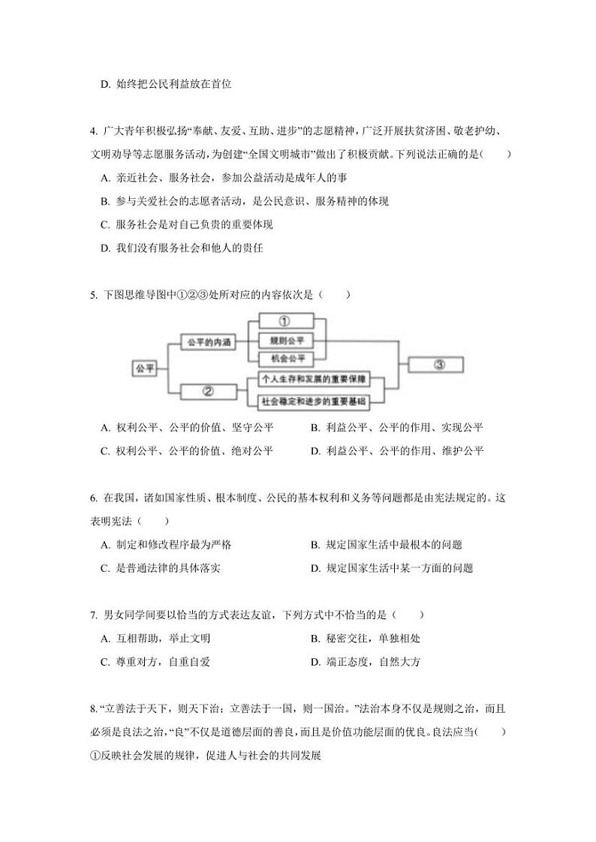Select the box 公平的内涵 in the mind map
point(208,341)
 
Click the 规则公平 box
point(284,340)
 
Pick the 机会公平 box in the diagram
point(284,358)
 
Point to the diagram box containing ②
point(209,391)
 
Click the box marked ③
point(439,365)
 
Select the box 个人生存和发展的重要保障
point(314,380)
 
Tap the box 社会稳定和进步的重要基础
point(314,402)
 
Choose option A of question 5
point(187,428)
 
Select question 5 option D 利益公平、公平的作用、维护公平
point(397,451)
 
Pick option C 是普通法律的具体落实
point(160,568)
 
